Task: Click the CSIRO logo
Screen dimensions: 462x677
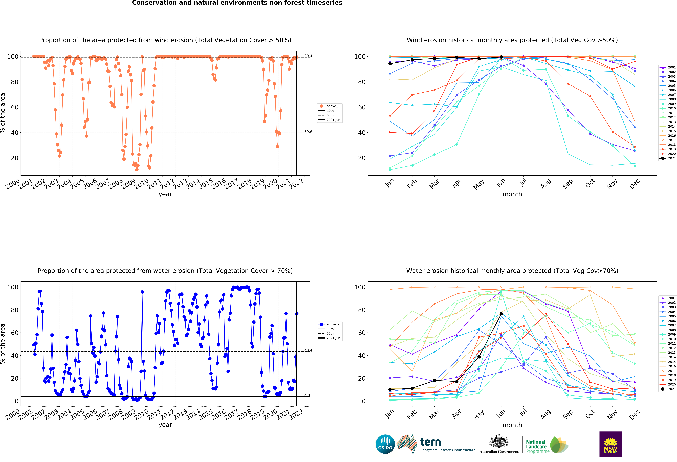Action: pyautogui.click(x=385, y=444)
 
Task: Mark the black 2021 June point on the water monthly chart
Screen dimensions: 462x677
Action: pyautogui.click(x=501, y=314)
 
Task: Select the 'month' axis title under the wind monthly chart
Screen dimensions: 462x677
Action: pyautogui.click(x=512, y=194)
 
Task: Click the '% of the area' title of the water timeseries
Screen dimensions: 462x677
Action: pyautogui.click(x=3, y=344)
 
